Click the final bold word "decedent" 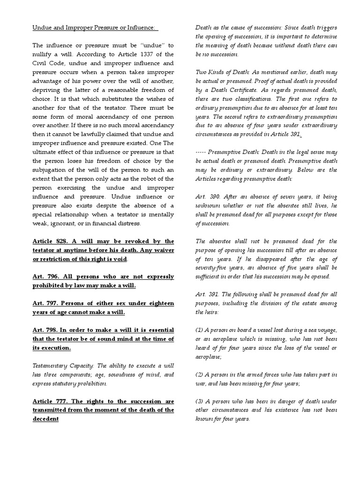pos(45,419)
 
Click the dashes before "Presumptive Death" pos(202,152)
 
